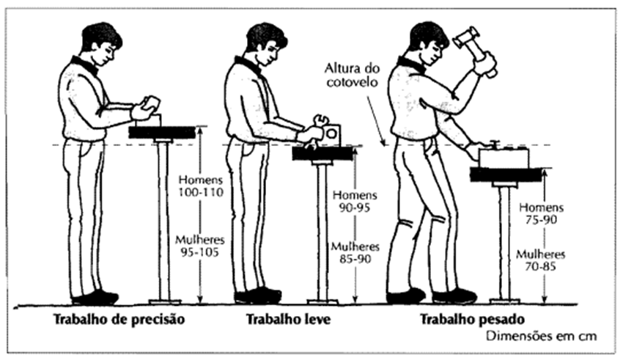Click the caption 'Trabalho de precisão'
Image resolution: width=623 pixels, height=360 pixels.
119,320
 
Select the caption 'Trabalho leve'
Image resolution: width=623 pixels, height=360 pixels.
288,319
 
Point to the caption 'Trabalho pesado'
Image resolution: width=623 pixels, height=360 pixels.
473,319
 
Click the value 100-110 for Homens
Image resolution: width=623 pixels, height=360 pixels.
201,192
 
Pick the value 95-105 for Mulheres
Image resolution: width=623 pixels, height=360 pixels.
200,252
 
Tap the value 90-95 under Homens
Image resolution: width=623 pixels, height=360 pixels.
355,207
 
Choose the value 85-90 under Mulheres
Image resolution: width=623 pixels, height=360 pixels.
355,259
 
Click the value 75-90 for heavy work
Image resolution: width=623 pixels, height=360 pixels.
541,220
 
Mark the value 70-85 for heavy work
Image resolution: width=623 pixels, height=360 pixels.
540,266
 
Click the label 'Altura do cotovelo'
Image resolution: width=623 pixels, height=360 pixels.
352,75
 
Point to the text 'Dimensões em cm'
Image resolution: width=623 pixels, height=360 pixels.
542,336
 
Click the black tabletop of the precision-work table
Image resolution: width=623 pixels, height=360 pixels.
162,132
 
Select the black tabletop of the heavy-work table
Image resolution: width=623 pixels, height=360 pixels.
506,175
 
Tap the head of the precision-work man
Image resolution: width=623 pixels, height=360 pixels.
101,44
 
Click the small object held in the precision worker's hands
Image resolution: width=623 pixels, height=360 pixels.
150,103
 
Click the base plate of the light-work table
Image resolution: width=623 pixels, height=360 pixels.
322,301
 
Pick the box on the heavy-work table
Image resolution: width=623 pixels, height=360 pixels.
504,158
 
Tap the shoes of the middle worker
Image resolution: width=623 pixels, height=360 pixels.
258,296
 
